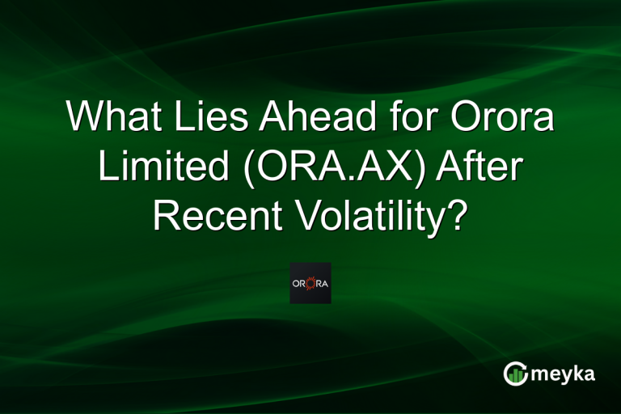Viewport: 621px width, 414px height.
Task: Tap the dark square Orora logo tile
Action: coord(310,283)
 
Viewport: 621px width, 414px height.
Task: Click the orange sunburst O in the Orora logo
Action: coord(310,283)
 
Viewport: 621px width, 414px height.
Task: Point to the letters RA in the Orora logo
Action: coord(322,283)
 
